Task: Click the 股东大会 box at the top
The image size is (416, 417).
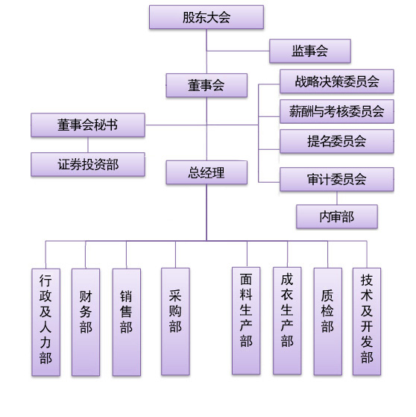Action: click(x=206, y=17)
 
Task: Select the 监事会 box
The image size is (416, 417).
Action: click(x=309, y=51)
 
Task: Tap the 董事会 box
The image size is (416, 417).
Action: click(x=207, y=85)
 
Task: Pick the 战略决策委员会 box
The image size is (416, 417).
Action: click(x=336, y=81)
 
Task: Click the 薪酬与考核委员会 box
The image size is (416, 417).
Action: click(x=336, y=111)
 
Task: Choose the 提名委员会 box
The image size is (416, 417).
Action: click(x=336, y=141)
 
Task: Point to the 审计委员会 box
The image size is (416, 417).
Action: click(x=336, y=179)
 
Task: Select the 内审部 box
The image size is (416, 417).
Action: click(x=336, y=216)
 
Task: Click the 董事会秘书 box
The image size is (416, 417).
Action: click(x=87, y=125)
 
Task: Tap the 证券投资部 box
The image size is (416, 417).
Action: click(x=87, y=164)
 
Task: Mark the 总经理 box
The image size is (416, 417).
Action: click(x=207, y=173)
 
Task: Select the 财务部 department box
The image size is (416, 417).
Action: click(x=86, y=322)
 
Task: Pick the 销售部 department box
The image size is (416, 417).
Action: click(x=126, y=322)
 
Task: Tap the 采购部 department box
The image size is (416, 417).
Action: click(x=175, y=321)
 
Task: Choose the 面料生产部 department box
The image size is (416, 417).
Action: click(x=246, y=321)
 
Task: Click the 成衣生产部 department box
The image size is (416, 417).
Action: click(x=287, y=321)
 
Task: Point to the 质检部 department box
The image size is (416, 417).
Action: click(x=327, y=321)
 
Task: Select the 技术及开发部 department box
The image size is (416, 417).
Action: click(x=366, y=321)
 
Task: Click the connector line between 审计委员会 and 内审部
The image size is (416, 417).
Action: click(x=337, y=198)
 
